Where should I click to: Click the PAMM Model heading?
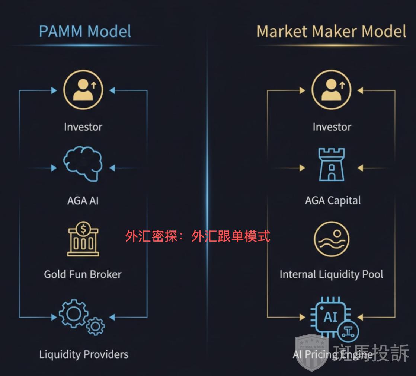point(85,31)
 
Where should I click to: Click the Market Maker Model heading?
point(331,31)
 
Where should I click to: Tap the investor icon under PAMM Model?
point(83,90)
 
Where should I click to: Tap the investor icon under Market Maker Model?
point(331,90)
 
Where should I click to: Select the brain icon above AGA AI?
point(83,164)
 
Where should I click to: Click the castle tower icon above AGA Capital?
point(331,164)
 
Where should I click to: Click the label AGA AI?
point(83,201)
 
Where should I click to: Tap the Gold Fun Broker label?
point(83,275)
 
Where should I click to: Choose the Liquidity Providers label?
point(84,354)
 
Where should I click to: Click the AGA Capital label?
point(333,201)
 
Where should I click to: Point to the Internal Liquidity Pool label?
point(331,275)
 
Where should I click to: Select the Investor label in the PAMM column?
point(83,127)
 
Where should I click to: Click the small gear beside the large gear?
point(95,326)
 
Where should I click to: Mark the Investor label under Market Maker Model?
point(332,127)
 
